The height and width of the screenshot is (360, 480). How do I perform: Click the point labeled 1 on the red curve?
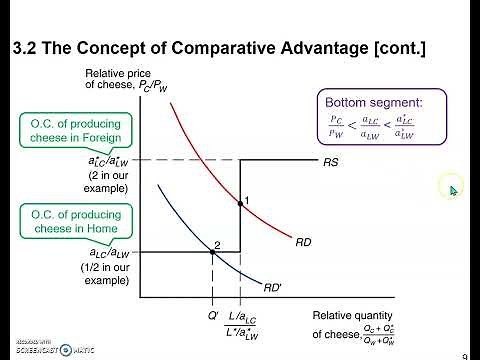pos(240,203)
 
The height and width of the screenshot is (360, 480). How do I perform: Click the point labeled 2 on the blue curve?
pos(212,252)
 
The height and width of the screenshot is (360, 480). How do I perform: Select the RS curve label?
pos(330,161)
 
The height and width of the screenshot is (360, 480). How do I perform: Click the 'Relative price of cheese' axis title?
pos(121,80)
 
